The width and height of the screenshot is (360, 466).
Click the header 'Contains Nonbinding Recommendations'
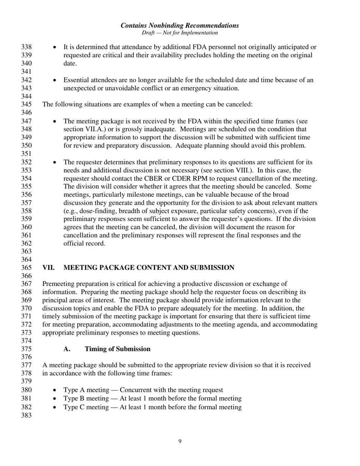(180, 25)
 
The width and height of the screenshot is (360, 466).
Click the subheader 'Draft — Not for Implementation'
(180, 33)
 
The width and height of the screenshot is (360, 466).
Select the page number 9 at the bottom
(180, 441)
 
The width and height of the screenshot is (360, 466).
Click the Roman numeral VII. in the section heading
(49, 268)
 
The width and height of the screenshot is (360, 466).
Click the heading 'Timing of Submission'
(117, 349)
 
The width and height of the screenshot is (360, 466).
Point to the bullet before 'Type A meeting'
(55, 390)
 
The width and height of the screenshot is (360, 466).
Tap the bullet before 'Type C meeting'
(55, 408)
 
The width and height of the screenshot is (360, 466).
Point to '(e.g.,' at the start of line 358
(72, 211)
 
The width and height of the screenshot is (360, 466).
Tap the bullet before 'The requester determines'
(55, 163)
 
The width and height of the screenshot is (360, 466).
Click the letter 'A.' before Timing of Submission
(67, 349)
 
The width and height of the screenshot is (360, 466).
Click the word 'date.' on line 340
(70, 63)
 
